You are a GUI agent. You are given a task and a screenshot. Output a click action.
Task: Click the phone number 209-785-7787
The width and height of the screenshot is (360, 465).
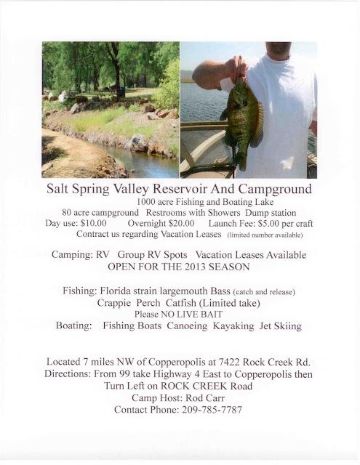[205, 410]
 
